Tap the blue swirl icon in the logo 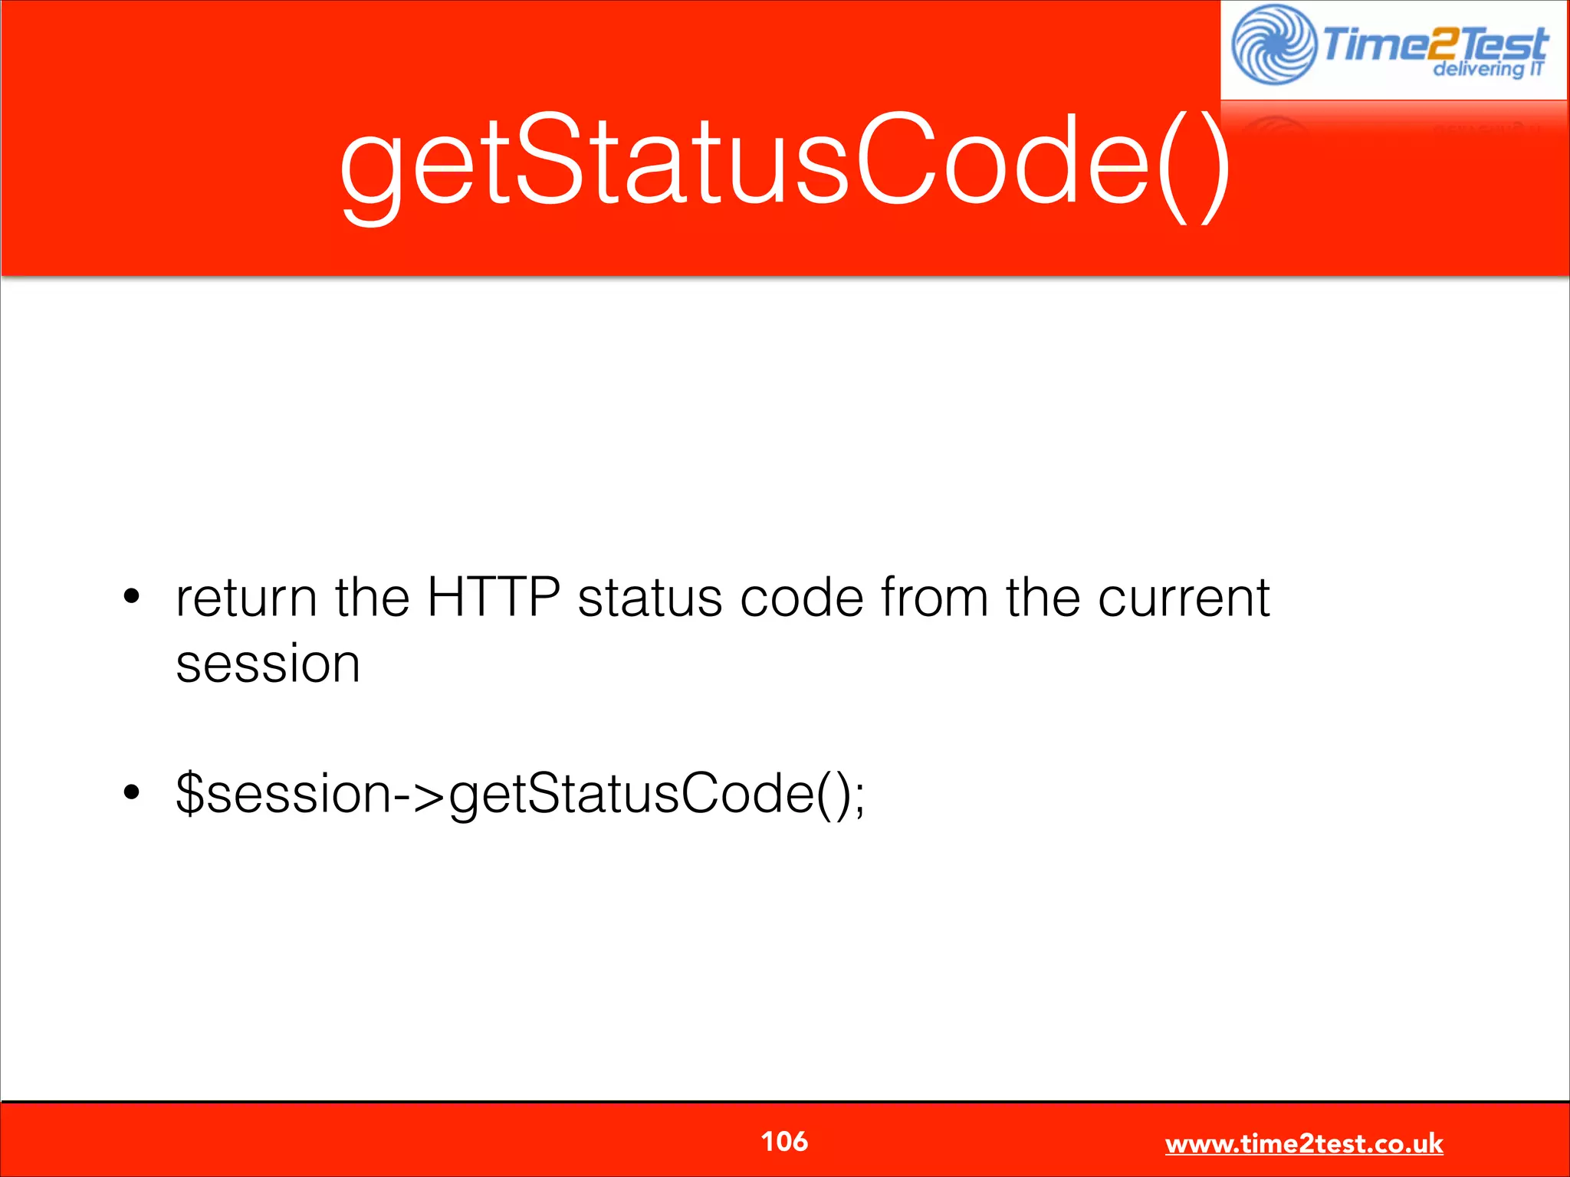(x=1273, y=44)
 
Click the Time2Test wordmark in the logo (x=1434, y=43)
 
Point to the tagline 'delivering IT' (x=1488, y=70)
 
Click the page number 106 (x=783, y=1142)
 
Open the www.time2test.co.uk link (x=1303, y=1144)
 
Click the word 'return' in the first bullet (x=246, y=598)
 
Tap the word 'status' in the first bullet (x=649, y=598)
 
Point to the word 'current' (x=1184, y=598)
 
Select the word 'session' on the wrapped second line (x=268, y=664)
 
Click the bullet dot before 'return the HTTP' (x=132, y=597)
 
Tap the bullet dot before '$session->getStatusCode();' (x=132, y=792)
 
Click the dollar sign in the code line (x=189, y=793)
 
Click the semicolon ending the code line (x=859, y=797)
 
